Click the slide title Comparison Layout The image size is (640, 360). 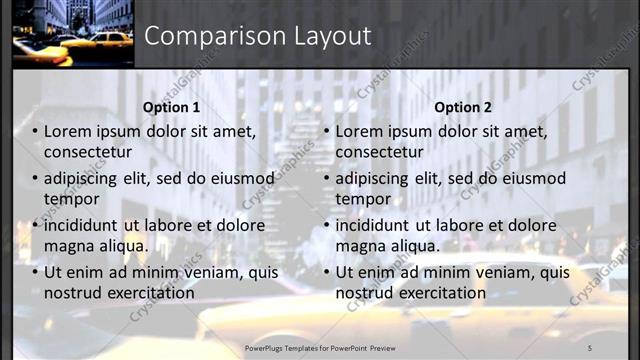click(x=258, y=36)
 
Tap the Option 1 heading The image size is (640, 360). click(x=171, y=107)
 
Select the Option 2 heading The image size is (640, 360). click(x=463, y=107)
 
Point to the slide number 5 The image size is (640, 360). click(x=589, y=346)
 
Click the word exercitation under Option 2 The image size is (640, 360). click(x=440, y=293)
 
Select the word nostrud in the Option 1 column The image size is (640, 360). click(x=72, y=293)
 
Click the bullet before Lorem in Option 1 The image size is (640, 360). click(x=35, y=131)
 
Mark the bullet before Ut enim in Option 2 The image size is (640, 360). click(x=327, y=272)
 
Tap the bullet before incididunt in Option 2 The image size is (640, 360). click(x=327, y=225)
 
